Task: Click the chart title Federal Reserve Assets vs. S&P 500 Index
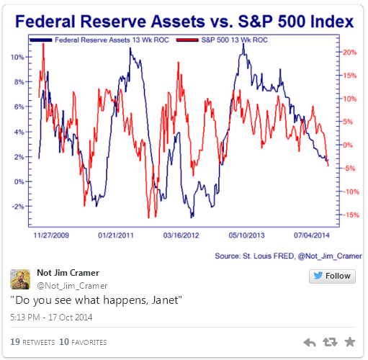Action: coord(184,22)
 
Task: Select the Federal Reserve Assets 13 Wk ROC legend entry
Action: coord(99,40)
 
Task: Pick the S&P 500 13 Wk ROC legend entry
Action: coord(222,40)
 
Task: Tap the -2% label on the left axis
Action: coord(18,207)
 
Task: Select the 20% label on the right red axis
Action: coord(350,53)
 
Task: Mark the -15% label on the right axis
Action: coord(351,215)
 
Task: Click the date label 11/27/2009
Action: coord(51,235)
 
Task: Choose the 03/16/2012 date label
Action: coord(181,235)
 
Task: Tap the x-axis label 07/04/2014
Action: coord(312,235)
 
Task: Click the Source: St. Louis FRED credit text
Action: coord(255,256)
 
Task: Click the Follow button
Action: coord(332,276)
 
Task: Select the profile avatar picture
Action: coord(20,279)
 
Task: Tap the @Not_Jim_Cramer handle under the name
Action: coord(72,286)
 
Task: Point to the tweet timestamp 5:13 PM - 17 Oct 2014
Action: coord(51,318)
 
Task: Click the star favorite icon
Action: coord(350,342)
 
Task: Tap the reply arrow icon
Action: coord(310,342)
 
